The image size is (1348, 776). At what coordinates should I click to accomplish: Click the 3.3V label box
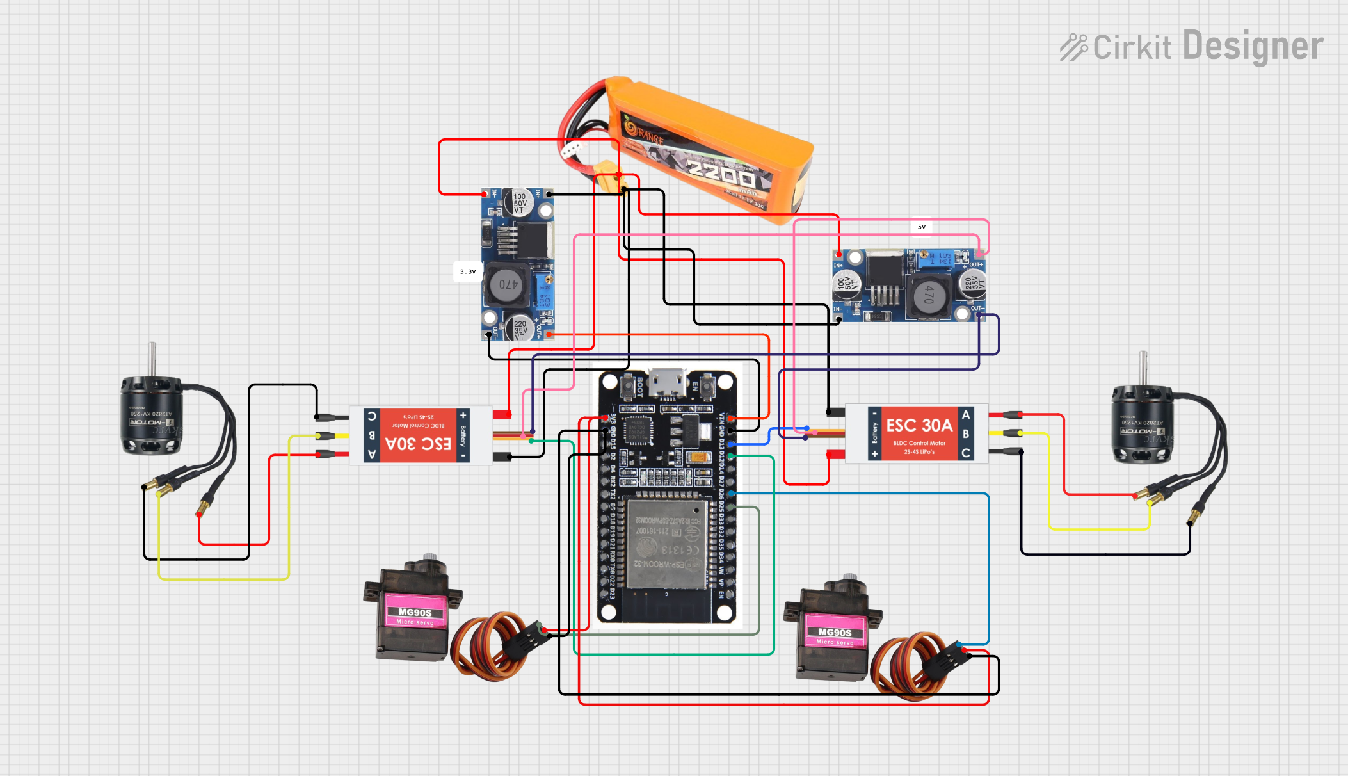pos(468,271)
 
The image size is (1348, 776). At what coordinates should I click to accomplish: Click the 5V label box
pos(922,227)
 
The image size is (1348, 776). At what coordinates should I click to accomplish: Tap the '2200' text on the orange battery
pos(720,171)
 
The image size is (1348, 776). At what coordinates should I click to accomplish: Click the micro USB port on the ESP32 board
pos(667,383)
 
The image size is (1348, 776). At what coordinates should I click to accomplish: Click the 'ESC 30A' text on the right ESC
pos(919,426)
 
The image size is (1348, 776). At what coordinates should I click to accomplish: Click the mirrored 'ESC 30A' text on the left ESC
pos(419,444)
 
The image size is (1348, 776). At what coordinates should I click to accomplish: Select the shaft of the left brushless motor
pos(152,359)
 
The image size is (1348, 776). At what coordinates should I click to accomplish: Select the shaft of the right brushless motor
pos(1143,368)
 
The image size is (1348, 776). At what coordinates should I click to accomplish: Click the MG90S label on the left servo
pos(415,613)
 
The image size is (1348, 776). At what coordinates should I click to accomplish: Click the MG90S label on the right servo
pos(835,633)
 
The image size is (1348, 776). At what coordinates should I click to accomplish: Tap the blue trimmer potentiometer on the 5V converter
pos(924,259)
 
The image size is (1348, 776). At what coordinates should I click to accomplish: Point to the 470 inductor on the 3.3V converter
pos(508,284)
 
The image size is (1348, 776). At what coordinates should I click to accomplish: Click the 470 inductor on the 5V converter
pos(929,295)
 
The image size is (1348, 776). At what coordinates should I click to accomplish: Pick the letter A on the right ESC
pos(966,415)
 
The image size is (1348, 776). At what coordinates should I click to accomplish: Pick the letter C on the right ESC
pos(966,453)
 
